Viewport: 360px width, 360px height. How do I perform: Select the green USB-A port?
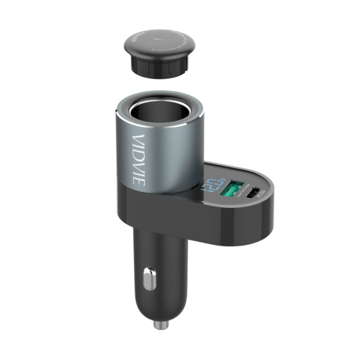(233, 191)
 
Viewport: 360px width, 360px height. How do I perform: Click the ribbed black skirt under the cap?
(158, 67)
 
